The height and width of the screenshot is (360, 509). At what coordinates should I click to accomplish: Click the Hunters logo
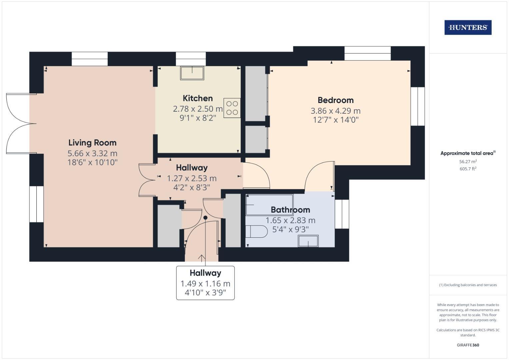click(468, 27)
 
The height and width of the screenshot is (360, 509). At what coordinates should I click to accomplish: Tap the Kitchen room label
click(198, 98)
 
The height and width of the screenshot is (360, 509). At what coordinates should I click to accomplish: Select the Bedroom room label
click(335, 100)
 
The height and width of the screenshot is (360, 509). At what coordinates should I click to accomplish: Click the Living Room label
click(92, 143)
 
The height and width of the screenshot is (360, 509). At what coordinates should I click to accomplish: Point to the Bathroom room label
click(290, 210)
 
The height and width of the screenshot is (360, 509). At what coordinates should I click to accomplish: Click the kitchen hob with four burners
click(232, 108)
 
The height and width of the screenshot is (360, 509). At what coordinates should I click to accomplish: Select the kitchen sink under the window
click(192, 73)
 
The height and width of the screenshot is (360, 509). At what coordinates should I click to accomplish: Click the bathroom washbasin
click(308, 241)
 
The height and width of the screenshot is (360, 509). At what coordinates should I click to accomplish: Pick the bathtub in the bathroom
click(269, 205)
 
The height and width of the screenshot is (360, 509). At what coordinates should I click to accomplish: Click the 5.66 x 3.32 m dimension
click(92, 153)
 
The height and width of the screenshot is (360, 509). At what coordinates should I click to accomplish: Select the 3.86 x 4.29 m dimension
click(335, 111)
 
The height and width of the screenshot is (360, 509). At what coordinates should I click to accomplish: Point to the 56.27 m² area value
click(468, 162)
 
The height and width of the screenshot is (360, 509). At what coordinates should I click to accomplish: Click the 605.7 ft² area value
click(468, 169)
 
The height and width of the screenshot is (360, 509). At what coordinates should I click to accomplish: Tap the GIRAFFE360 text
click(468, 345)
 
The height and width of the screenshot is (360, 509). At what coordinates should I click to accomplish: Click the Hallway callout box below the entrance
click(205, 283)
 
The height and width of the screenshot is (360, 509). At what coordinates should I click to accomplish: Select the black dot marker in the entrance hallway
click(205, 218)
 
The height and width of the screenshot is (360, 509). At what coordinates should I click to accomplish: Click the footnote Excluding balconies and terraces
click(468, 285)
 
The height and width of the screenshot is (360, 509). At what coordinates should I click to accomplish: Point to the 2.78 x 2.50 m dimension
click(198, 109)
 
